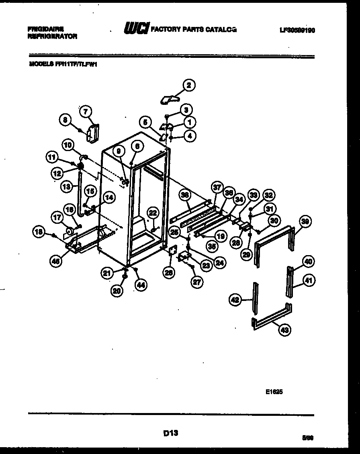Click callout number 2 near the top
tap(188, 85)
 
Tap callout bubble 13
tap(67, 186)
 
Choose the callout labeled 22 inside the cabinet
tap(152, 213)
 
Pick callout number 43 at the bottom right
tap(284, 330)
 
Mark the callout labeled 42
tap(235, 299)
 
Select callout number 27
tap(196, 282)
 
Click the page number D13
tap(171, 433)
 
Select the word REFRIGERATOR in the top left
tap(52, 36)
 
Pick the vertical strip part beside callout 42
tap(255, 297)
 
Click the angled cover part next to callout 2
tap(169, 99)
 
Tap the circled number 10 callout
tap(68, 144)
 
